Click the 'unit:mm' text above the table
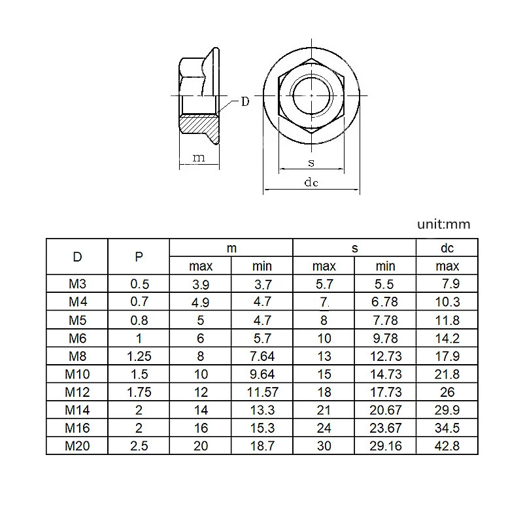tap(444, 224)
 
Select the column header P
tap(138, 256)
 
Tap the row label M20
tap(77, 446)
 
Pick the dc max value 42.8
tap(447, 446)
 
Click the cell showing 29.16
tap(385, 446)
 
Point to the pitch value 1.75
tap(138, 392)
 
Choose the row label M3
tap(77, 284)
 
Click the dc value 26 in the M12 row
tap(447, 392)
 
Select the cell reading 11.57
tap(261, 392)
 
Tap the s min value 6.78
tap(385, 302)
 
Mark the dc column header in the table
tap(447, 248)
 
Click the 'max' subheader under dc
tap(447, 266)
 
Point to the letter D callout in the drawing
tap(245, 101)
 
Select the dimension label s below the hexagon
tap(311, 162)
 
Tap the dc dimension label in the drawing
tap(311, 183)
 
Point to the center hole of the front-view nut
tap(311, 95)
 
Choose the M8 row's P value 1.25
tap(138, 356)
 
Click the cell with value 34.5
tap(447, 428)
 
